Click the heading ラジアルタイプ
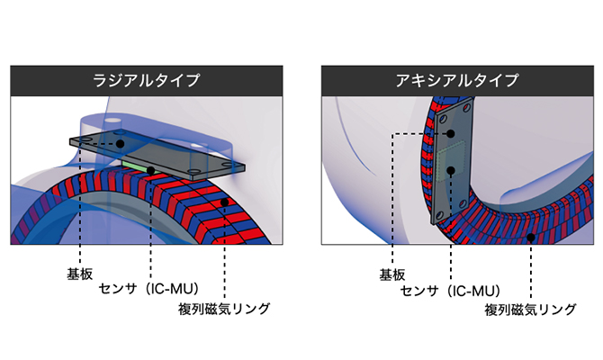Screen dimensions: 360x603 [x=146, y=80]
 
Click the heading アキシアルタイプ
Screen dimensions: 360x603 [x=457, y=80]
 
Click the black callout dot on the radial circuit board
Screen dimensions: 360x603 [x=119, y=141]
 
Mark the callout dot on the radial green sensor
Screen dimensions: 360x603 [x=151, y=169]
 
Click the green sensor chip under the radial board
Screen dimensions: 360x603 [x=144, y=166]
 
